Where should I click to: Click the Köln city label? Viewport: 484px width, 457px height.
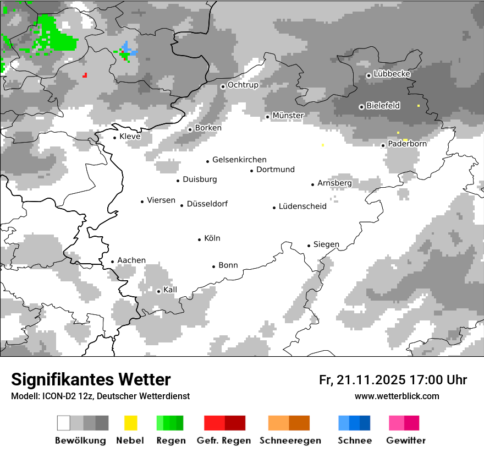pyautogui.click(x=212, y=238)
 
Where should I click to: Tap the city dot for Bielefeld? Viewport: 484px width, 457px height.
pyautogui.click(x=361, y=107)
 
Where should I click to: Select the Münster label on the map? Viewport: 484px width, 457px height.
pyautogui.click(x=288, y=116)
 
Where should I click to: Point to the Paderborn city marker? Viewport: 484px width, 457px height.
pyautogui.click(x=383, y=145)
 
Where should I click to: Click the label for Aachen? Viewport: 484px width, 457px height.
pyautogui.click(x=131, y=260)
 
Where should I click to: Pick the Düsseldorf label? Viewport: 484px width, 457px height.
pyautogui.click(x=207, y=204)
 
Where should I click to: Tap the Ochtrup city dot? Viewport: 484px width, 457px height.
pyautogui.click(x=223, y=86)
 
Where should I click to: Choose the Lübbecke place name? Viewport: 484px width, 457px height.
pyautogui.click(x=392, y=74)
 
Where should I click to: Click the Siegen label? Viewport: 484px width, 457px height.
pyautogui.click(x=326, y=244)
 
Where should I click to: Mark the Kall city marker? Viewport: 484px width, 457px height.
pyautogui.click(x=159, y=291)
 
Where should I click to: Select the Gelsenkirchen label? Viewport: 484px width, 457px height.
pyautogui.click(x=239, y=160)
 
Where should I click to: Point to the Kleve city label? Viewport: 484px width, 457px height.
pyautogui.click(x=130, y=137)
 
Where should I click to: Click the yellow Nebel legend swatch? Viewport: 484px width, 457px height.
pyautogui.click(x=130, y=423)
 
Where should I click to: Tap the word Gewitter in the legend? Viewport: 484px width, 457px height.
pyautogui.click(x=406, y=440)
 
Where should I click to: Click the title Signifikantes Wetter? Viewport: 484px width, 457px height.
pyautogui.click(x=91, y=379)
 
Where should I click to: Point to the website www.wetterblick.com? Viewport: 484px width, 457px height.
pyautogui.click(x=397, y=396)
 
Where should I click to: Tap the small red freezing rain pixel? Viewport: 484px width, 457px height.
pyautogui.click(x=85, y=75)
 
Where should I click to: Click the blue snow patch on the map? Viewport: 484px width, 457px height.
pyautogui.click(x=129, y=50)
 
